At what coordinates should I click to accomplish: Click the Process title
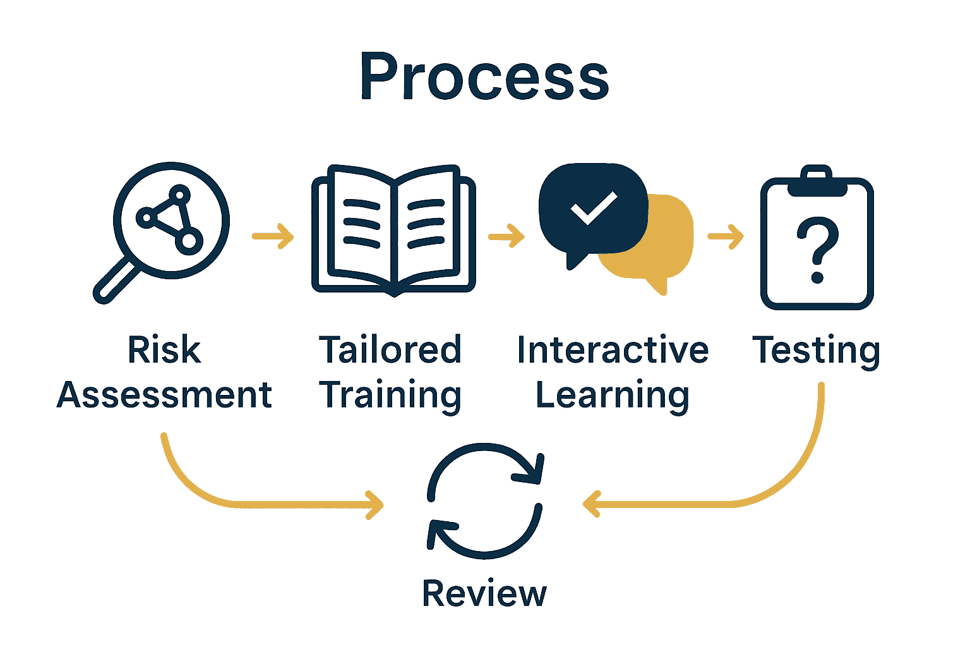click(484, 77)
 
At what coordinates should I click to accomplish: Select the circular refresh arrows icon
click(485, 500)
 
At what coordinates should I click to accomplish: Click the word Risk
click(164, 350)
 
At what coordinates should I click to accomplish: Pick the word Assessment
click(164, 396)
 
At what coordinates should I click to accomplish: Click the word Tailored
click(390, 350)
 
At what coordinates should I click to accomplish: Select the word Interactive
click(613, 350)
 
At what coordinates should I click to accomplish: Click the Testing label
click(816, 351)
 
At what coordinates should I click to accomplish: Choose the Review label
click(484, 594)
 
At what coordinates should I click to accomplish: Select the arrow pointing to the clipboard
click(726, 237)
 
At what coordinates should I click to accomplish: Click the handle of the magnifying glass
click(116, 281)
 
